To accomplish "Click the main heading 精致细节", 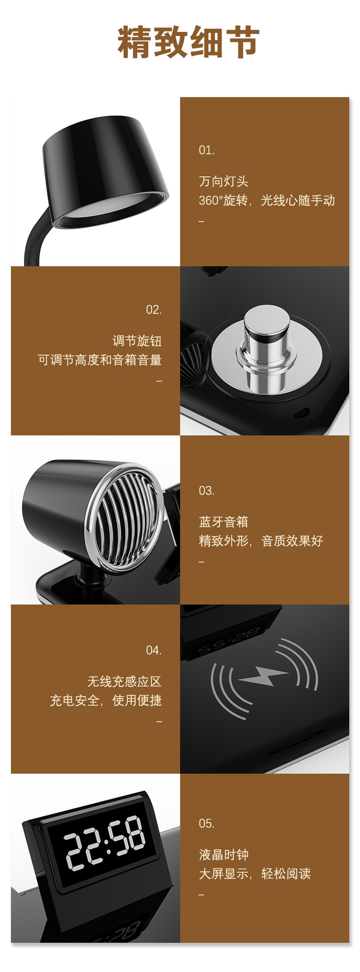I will coord(188,43).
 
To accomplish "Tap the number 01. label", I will coord(207,150).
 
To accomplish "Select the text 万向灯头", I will coord(223,181).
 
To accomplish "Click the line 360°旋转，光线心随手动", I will coord(266,200).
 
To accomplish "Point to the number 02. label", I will coord(153,310).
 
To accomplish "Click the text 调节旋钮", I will coord(137,341).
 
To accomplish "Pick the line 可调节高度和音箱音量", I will coord(100,360).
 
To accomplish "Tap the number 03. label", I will coord(207,491).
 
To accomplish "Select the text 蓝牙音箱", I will coord(223,522).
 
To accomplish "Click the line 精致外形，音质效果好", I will coord(261,541).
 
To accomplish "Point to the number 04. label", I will coord(153,651).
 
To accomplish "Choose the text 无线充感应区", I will coord(124,681).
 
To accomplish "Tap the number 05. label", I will coord(207,824).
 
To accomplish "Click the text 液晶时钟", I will coord(223,855).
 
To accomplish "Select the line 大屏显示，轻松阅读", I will coord(254,874).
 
